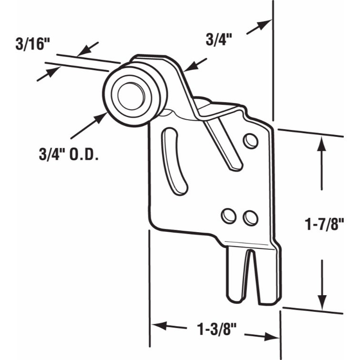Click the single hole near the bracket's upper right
click(250, 141)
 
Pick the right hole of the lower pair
click(250, 218)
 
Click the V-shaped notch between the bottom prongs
click(250, 272)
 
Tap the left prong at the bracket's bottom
click(235, 277)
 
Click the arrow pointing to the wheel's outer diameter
click(88, 124)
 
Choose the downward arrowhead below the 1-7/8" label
click(322, 300)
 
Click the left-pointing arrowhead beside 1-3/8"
click(159, 326)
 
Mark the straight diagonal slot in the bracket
click(224, 145)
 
